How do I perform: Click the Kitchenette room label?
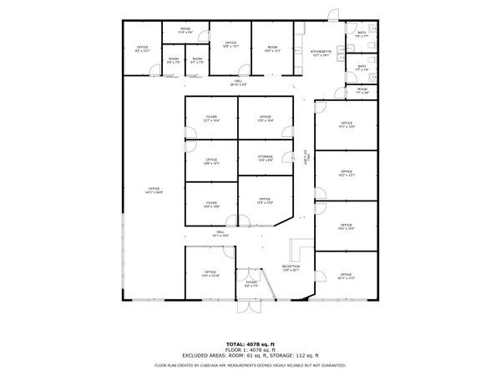point(321,53)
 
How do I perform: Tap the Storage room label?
point(266,157)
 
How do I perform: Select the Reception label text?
point(290,267)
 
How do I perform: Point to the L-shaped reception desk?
point(297,251)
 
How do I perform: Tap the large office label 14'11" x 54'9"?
point(154,191)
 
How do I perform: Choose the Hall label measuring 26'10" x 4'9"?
point(239,83)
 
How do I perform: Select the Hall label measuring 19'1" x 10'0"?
point(220,233)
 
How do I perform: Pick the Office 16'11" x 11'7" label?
point(346,276)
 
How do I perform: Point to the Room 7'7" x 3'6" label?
point(362,90)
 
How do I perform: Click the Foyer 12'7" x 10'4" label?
point(212,119)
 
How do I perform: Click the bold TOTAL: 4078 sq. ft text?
point(250,343)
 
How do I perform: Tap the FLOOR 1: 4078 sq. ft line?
point(250,349)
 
